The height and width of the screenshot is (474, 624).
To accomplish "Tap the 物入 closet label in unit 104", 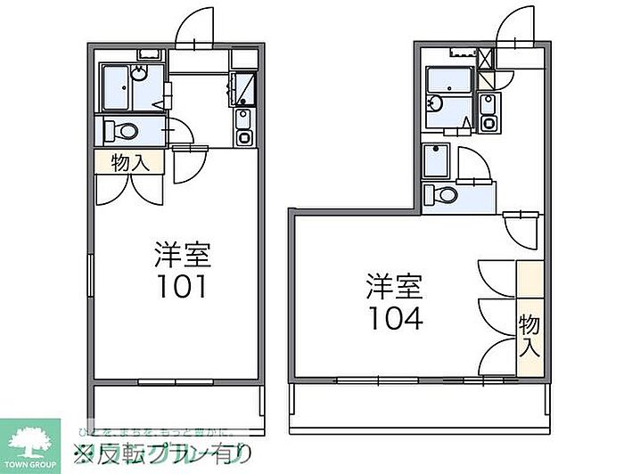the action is [x=530, y=335].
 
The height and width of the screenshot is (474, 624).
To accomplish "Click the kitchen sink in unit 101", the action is [x=243, y=118].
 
